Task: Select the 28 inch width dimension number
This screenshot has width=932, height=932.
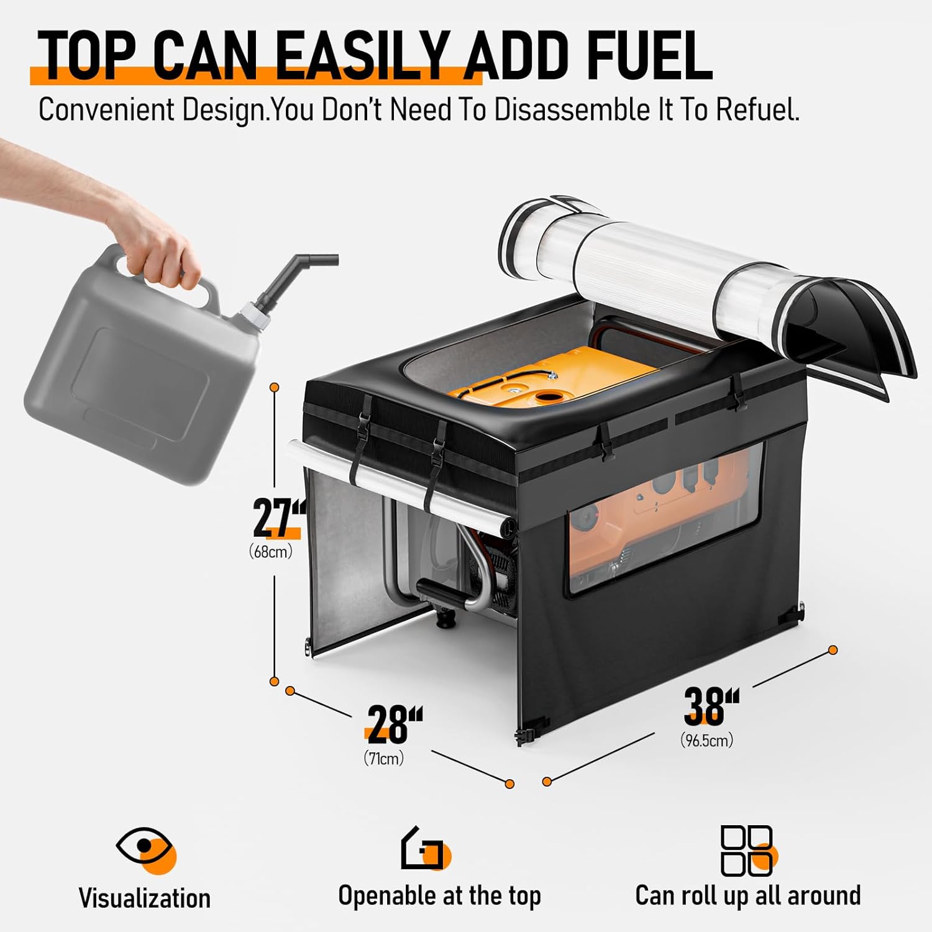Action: click(394, 724)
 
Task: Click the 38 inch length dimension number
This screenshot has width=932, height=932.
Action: click(711, 706)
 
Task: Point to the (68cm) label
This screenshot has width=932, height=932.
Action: click(271, 551)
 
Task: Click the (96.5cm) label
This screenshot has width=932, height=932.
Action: click(707, 740)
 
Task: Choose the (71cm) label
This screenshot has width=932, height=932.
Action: click(384, 758)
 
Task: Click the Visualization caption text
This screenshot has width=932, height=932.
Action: click(145, 898)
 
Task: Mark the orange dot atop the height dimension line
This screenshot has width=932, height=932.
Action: click(274, 388)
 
